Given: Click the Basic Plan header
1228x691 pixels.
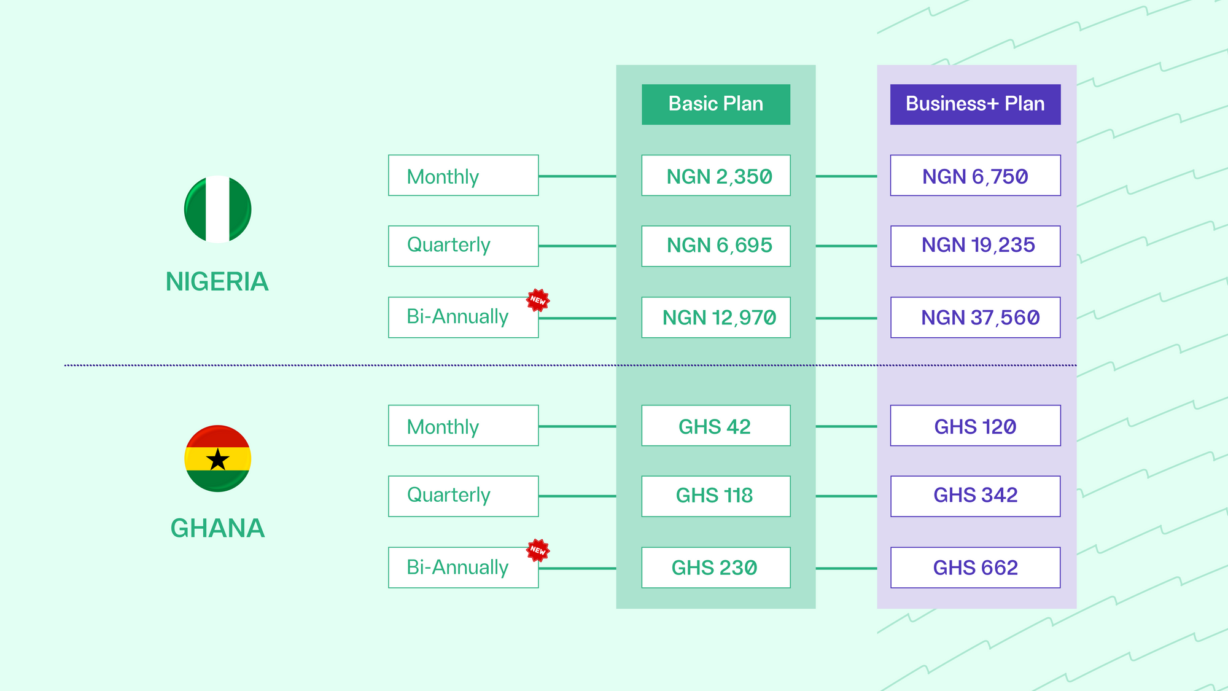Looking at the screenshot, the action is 716,104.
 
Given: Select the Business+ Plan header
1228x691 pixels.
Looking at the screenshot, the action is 976,104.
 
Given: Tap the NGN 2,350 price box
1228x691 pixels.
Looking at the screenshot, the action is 716,176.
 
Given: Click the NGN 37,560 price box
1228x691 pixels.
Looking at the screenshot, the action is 976,318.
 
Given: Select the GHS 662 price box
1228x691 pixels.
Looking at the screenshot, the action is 976,568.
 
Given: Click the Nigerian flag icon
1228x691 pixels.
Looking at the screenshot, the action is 218,209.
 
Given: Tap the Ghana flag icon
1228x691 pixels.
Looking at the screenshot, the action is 218,459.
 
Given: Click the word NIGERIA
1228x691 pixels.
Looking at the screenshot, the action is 217,282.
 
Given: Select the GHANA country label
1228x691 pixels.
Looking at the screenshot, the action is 217,528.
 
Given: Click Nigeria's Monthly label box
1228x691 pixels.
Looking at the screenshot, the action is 464,176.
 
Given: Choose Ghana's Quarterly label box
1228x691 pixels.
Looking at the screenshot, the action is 464,496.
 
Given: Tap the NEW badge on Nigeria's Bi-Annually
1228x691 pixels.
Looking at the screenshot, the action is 538,300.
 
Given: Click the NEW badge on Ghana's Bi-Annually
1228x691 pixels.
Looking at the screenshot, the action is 538,550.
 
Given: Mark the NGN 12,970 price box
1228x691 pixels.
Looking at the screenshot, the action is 716,318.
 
